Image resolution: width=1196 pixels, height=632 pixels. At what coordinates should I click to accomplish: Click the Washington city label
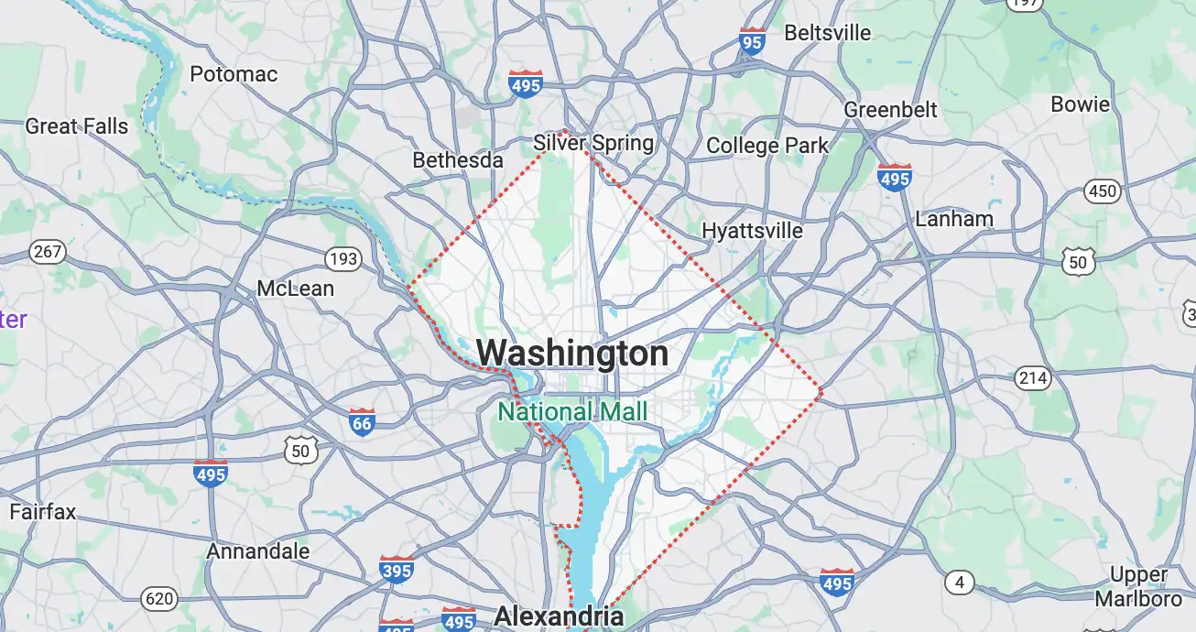coord(572,354)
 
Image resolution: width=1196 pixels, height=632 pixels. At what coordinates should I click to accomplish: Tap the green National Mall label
coord(572,411)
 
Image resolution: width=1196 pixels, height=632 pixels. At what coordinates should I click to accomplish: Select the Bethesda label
coord(458,160)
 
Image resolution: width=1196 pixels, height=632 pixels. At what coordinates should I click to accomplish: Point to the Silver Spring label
coord(593,143)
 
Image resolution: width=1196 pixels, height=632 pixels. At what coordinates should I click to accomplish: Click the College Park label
coord(767,146)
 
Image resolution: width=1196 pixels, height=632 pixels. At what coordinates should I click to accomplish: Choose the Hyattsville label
coord(752,230)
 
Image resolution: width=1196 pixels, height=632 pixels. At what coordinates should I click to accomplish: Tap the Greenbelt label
coord(890,110)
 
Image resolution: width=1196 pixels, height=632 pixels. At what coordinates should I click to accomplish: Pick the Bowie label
coord(1080,104)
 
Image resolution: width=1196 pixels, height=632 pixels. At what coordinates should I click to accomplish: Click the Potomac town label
coord(234,74)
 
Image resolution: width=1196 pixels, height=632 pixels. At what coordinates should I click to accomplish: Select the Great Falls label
coord(77,126)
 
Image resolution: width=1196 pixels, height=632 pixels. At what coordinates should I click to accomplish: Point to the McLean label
coord(295,289)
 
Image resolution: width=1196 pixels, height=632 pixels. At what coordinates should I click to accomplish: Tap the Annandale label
coord(258,551)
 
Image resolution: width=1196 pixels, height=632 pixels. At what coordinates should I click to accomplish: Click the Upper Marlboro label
coord(1138,586)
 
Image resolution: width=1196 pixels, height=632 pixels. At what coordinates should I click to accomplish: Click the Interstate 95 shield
coord(752,41)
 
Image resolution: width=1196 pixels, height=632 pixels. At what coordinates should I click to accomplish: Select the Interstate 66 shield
coord(363,422)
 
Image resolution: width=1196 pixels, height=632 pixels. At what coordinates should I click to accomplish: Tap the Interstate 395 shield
coord(396,569)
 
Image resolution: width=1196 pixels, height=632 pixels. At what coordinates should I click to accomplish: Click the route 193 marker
coord(342,259)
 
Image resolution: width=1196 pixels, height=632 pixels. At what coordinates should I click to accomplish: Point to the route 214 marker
coord(1032,376)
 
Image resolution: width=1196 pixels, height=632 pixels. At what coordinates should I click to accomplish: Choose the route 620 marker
coord(159,599)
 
